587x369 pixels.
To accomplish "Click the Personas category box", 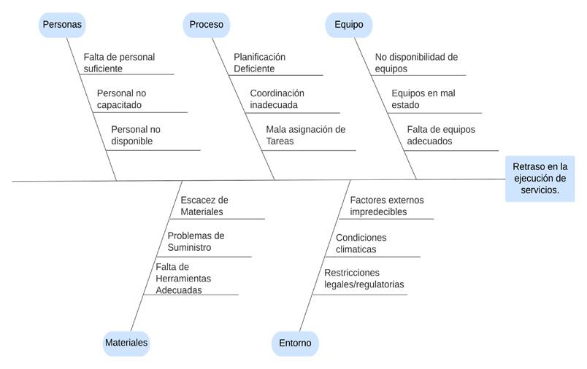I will [x=62, y=25].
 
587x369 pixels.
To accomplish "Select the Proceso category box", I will [x=206, y=25].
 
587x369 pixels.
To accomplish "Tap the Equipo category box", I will [x=348, y=25].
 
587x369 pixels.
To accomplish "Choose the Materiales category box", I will [x=126, y=343].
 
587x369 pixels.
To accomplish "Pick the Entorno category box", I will [x=295, y=343].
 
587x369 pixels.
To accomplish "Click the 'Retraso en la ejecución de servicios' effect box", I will [x=540, y=179].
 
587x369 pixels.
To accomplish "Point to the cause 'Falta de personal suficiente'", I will [x=119, y=63].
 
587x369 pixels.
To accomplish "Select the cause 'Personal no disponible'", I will [x=136, y=136].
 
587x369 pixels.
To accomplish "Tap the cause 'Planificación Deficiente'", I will [x=259, y=63].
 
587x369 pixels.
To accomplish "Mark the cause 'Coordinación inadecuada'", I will [x=277, y=99].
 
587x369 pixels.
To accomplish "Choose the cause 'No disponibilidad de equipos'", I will [x=416, y=63].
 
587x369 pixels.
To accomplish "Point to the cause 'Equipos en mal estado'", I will [x=423, y=99].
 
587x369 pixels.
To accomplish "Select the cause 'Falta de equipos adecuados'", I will [x=441, y=136].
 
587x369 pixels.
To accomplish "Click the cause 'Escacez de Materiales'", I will [x=204, y=206].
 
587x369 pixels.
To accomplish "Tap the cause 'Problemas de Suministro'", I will [x=196, y=241].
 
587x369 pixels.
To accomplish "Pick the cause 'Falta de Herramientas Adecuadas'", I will [x=183, y=279].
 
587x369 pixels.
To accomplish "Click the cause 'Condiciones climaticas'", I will [x=361, y=244].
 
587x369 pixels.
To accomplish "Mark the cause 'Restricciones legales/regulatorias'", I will [x=364, y=279].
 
